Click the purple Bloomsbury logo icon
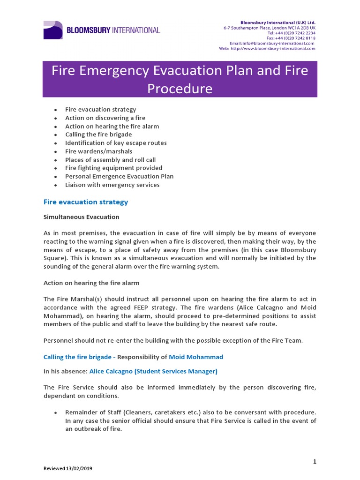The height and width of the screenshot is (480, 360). pos(53,30)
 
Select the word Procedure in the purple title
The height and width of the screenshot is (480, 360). pos(180,88)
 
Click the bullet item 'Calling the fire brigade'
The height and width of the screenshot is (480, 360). pos(98,135)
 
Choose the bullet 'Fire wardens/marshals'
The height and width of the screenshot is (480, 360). pos(98,151)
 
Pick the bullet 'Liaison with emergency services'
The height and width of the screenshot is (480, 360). pos(112,185)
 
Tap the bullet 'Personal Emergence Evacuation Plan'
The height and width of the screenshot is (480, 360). pos(119,176)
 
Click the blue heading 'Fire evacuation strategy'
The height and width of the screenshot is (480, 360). pos(86,202)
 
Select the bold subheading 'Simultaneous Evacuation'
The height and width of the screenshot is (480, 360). pos(81,217)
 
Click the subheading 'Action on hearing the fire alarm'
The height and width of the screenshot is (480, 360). pos(91,283)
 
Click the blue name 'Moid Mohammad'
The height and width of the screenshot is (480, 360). pos(196,357)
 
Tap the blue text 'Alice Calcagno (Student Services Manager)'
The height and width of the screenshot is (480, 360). pos(153,371)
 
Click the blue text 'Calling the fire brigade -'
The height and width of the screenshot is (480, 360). pos(79,357)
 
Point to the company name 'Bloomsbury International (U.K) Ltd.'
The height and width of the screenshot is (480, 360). pos(278,22)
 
